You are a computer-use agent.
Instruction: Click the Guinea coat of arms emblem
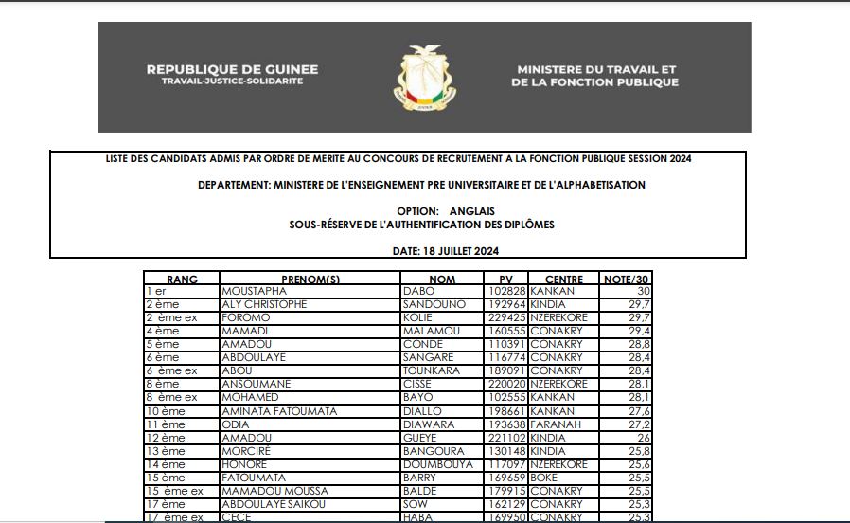click(424, 77)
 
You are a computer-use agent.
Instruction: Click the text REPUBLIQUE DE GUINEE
click(232, 69)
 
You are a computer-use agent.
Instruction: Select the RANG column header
click(182, 280)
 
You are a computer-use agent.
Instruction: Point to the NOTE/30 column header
click(626, 280)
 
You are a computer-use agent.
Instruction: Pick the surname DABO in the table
click(417, 292)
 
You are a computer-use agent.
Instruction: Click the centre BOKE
click(543, 478)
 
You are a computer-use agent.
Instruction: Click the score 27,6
click(639, 412)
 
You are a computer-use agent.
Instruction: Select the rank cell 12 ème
click(166, 439)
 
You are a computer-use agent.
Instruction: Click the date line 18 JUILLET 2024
click(445, 251)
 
